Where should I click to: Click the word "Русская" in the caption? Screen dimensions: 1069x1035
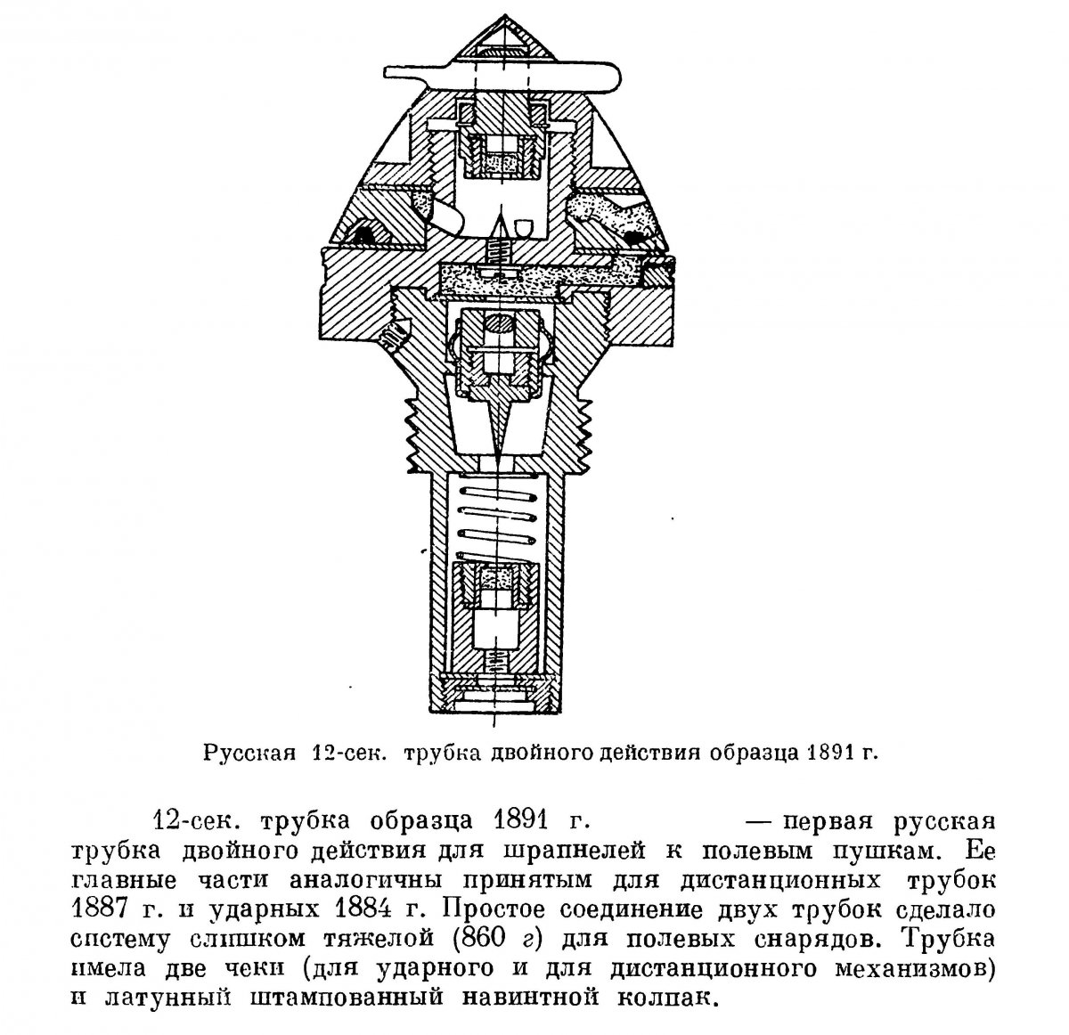(250, 752)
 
